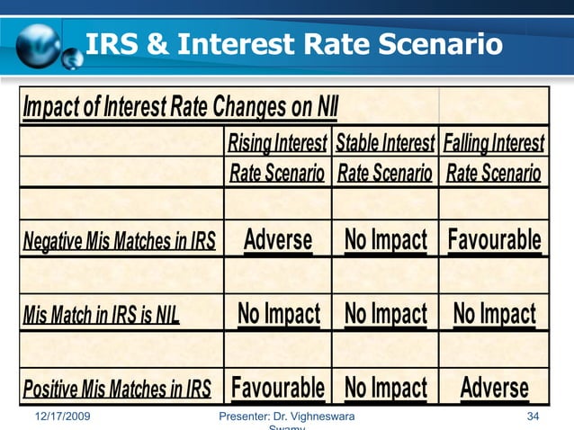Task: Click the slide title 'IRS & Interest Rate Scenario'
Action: click(293, 43)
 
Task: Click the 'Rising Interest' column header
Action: click(277, 143)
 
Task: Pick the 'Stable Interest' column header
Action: click(385, 143)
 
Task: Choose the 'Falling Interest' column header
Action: click(494, 143)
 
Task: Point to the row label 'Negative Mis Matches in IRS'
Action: click(120, 241)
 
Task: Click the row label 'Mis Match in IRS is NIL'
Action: click(101, 315)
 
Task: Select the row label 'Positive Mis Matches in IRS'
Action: click(116, 390)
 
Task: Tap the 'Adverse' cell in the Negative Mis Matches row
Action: click(278, 240)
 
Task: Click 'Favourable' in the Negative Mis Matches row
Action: click(494, 240)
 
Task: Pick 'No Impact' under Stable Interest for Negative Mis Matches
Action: click(385, 240)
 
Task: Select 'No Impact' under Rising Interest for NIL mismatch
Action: click(278, 314)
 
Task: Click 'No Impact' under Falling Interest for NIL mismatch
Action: click(494, 314)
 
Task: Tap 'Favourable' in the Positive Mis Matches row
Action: click(278, 388)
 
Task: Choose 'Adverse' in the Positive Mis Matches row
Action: click(494, 388)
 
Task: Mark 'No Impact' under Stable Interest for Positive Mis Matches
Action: click(385, 388)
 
